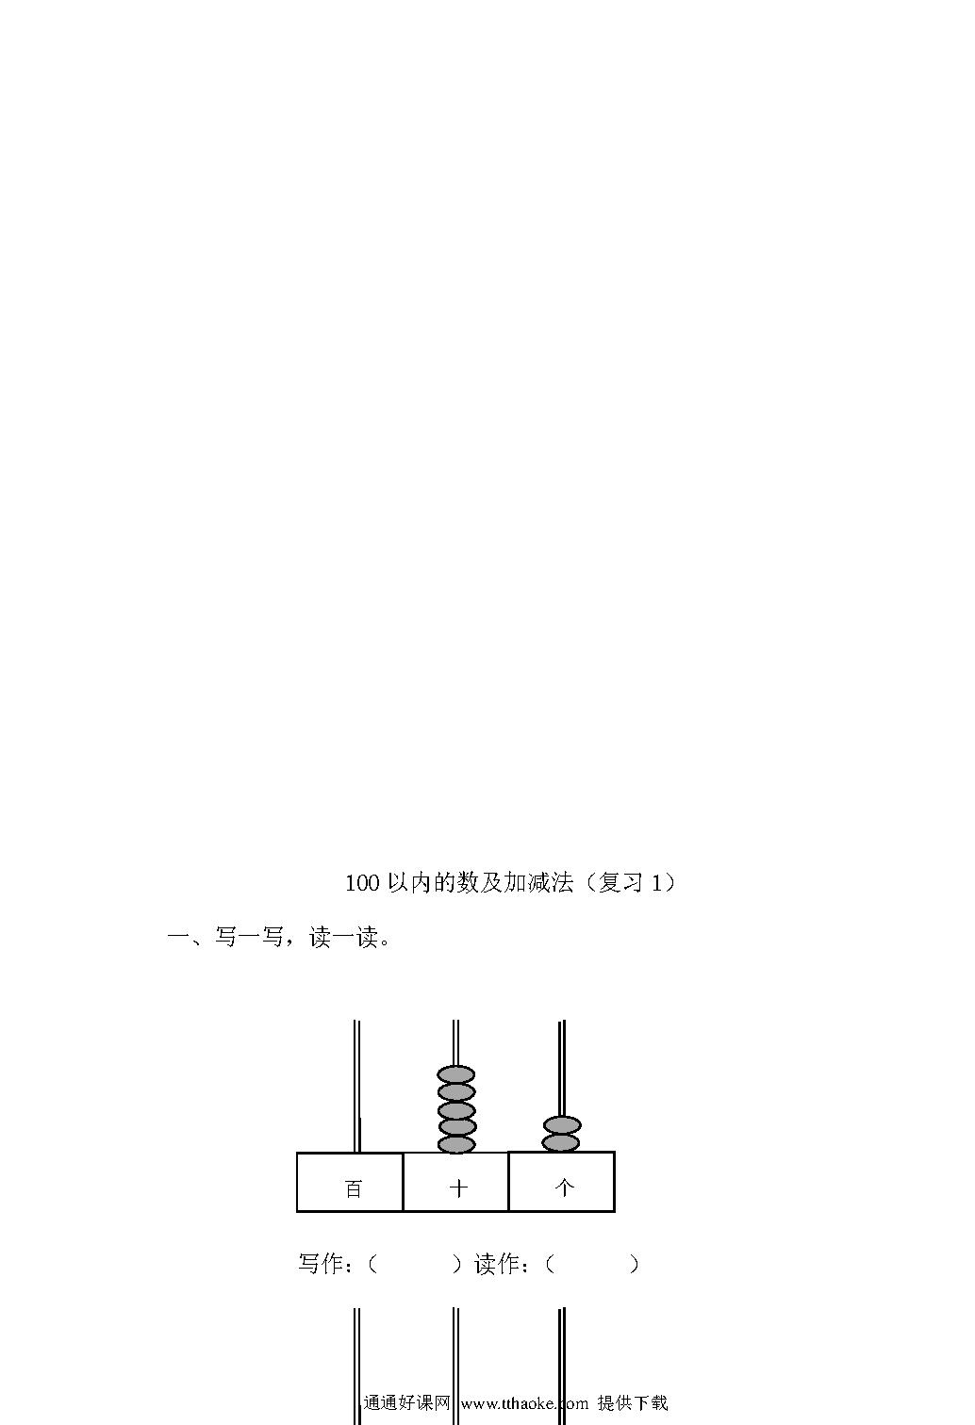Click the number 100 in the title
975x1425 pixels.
(x=362, y=883)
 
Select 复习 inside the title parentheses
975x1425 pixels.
(x=620, y=882)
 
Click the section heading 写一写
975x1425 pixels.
(x=249, y=937)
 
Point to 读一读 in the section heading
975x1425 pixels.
(x=343, y=937)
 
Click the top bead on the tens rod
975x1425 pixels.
(x=455, y=1075)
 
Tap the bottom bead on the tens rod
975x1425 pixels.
(x=456, y=1144)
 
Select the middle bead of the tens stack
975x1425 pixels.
(x=456, y=1110)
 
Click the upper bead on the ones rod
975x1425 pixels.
(x=562, y=1124)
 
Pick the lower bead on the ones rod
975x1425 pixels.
(x=561, y=1142)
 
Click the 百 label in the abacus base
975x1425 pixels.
(x=354, y=1189)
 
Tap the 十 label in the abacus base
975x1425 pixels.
(x=458, y=1188)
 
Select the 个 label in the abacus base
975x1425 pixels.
(x=565, y=1187)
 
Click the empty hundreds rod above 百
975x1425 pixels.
(x=356, y=1087)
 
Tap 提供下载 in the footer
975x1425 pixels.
(x=633, y=1402)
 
